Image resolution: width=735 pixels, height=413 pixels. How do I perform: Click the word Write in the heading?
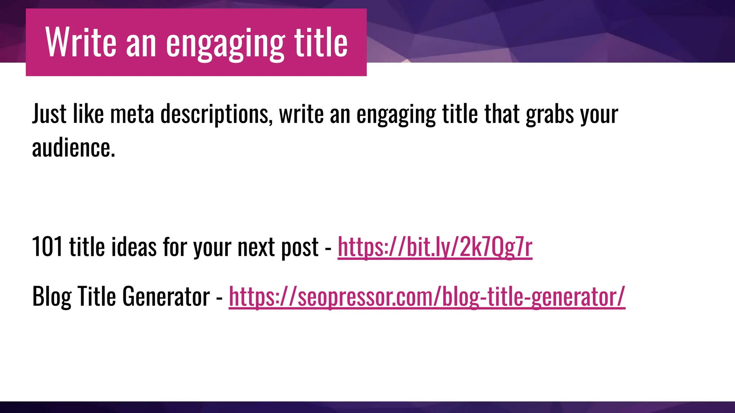tap(81, 43)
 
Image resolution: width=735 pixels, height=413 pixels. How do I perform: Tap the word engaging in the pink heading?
tap(225, 44)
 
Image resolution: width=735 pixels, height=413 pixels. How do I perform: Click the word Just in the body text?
tap(49, 114)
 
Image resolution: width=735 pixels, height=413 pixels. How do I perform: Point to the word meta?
tap(132, 114)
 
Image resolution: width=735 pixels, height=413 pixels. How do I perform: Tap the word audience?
tap(74, 148)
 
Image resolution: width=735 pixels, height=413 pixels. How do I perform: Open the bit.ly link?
tap(435, 247)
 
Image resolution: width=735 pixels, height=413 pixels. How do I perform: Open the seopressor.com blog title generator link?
tap(427, 297)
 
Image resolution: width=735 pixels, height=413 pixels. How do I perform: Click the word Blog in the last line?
tap(52, 297)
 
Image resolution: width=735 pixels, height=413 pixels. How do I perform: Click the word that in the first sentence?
tap(502, 114)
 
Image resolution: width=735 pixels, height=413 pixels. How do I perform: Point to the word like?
tap(88, 114)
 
